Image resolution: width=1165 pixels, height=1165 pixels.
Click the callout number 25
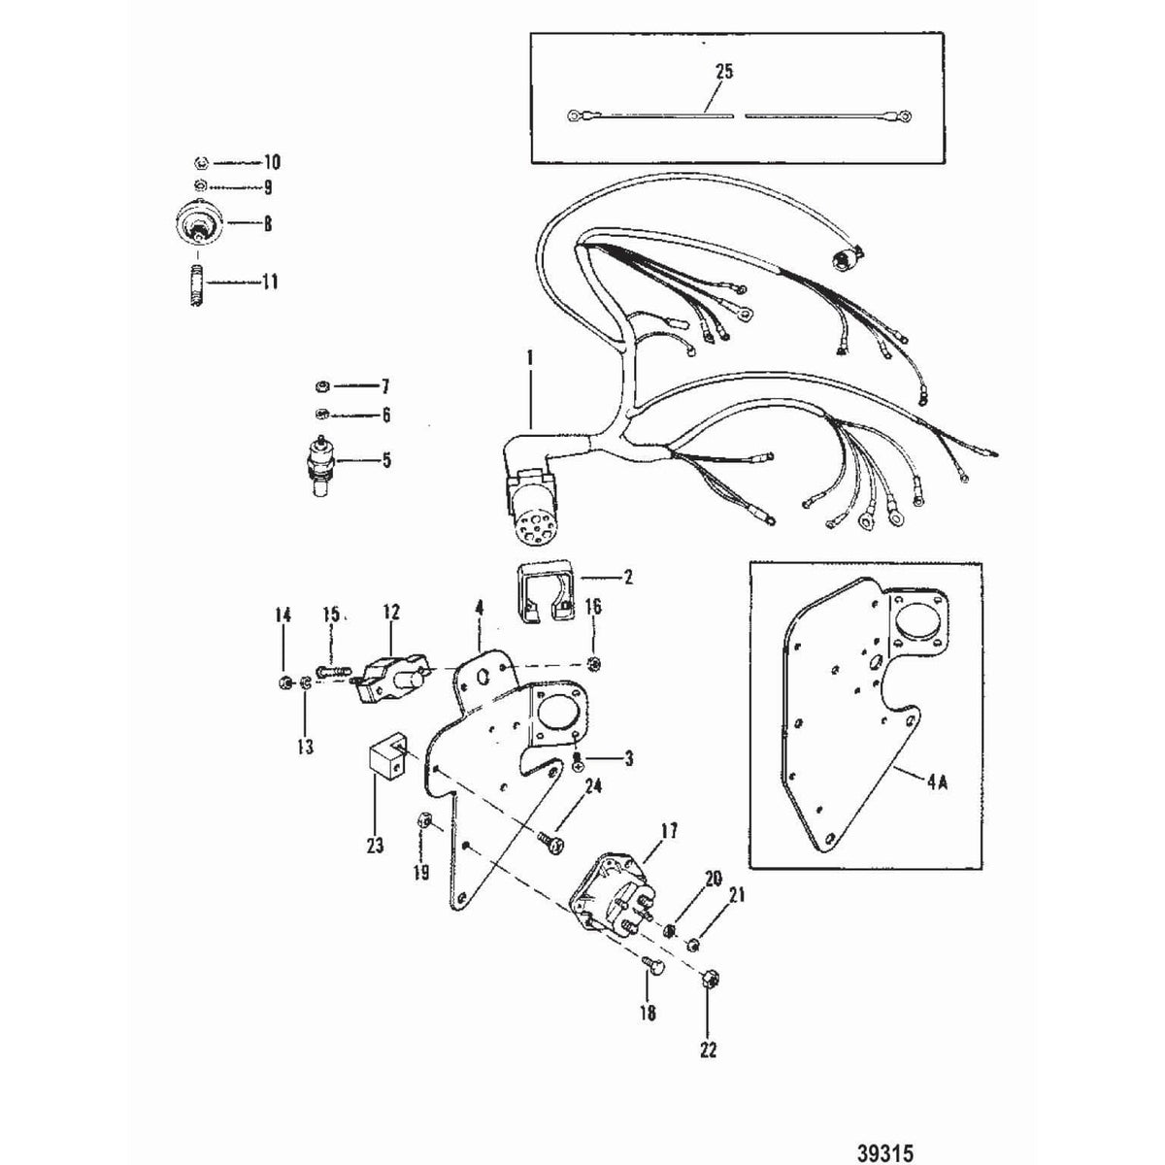click(723, 71)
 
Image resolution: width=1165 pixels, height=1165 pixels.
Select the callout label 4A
click(937, 782)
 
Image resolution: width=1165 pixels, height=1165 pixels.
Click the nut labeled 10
click(202, 163)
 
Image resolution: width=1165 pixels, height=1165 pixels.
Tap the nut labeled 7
click(323, 385)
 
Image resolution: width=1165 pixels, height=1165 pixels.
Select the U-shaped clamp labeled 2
click(543, 590)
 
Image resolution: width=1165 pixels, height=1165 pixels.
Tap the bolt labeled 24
click(550, 842)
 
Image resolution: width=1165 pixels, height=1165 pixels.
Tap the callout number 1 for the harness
click(530, 358)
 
